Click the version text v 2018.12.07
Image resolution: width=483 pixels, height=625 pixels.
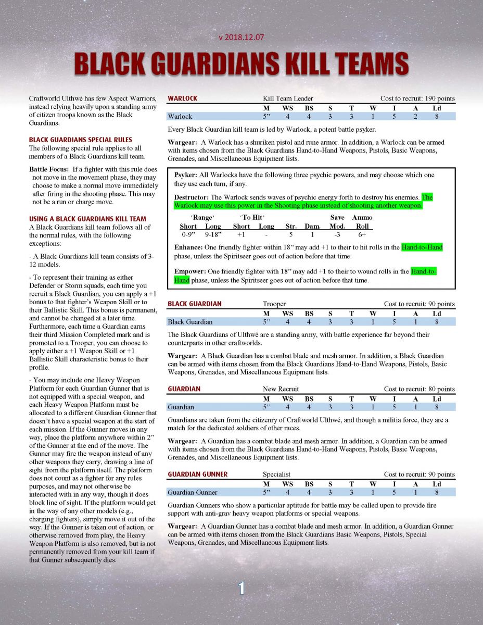point(241,37)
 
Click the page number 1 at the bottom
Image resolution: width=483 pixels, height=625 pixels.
point(241,588)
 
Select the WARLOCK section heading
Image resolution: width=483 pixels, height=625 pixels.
point(182,98)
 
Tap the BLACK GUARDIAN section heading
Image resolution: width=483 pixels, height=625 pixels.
point(194,304)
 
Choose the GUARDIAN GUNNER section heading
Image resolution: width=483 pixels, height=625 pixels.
point(197,474)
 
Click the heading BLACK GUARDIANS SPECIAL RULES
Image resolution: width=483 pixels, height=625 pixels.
point(80,140)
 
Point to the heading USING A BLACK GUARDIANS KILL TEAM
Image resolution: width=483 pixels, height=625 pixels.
point(87,219)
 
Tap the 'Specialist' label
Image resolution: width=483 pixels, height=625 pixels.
point(276,474)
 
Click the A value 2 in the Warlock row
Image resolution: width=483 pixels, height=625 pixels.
point(415,116)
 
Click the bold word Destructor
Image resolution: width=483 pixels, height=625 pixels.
point(192,197)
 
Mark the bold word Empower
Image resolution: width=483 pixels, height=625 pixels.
point(190,272)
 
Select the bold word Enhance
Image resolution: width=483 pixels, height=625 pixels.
point(189,247)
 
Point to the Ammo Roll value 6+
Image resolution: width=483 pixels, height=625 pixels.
point(362,235)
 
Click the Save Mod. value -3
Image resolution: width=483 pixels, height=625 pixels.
point(337,235)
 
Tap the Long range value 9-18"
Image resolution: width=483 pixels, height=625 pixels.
point(212,235)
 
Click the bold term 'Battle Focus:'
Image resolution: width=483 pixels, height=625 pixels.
point(49,169)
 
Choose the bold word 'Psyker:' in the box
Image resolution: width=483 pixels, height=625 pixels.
point(186,175)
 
